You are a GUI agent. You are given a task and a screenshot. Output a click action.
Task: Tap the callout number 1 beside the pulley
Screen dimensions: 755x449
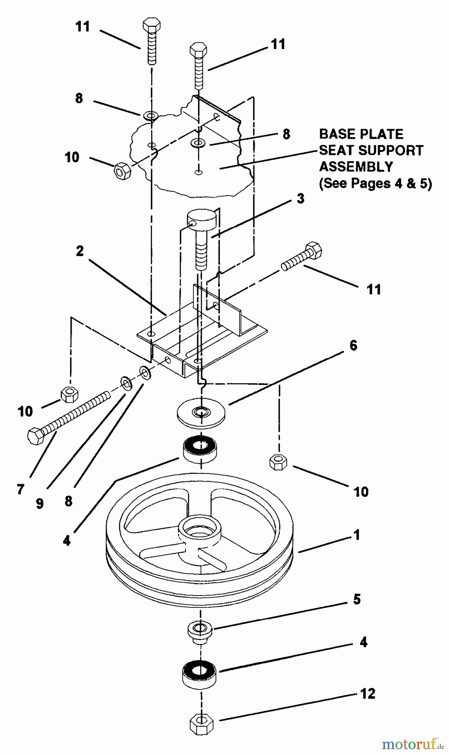tap(356, 535)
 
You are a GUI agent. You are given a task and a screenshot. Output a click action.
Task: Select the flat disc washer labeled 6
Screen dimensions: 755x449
tap(201, 413)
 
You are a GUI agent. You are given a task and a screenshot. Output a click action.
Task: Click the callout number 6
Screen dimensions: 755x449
tap(353, 346)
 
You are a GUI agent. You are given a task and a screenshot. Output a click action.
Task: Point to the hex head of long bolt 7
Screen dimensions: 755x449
tap(36, 436)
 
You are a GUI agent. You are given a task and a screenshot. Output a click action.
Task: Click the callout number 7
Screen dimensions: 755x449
tap(21, 489)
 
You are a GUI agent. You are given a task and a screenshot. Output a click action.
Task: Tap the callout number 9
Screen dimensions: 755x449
tap(39, 503)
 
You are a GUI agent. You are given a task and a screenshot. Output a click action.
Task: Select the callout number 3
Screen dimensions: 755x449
tap(300, 198)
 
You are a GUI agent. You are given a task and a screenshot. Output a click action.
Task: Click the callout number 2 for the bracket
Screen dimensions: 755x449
tap(80, 251)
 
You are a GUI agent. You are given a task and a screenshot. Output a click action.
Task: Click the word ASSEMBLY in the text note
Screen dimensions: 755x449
tap(356, 167)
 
